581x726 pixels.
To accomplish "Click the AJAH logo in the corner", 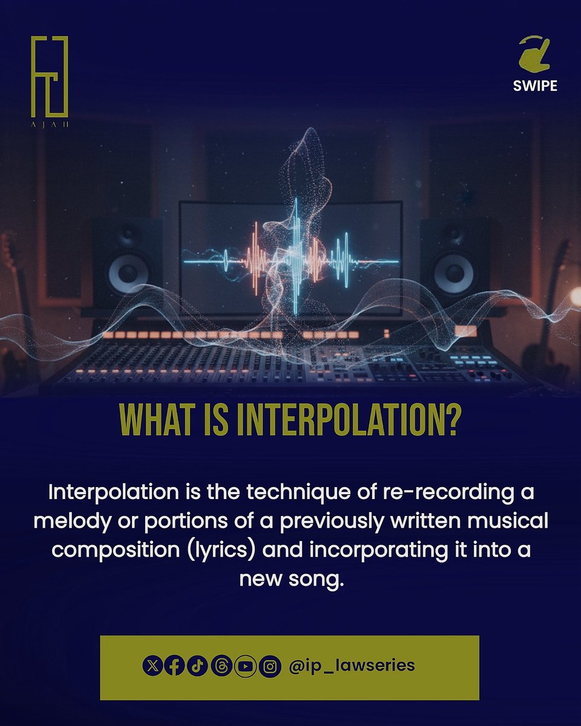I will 50,82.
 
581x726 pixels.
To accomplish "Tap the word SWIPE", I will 534,85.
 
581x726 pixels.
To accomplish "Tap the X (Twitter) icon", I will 153,666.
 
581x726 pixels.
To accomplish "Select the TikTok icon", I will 197,666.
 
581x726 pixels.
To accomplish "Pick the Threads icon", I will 222,666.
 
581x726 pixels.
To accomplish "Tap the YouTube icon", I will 245,666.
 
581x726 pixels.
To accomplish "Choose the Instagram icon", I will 270,666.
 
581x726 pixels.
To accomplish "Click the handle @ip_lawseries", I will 352,665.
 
